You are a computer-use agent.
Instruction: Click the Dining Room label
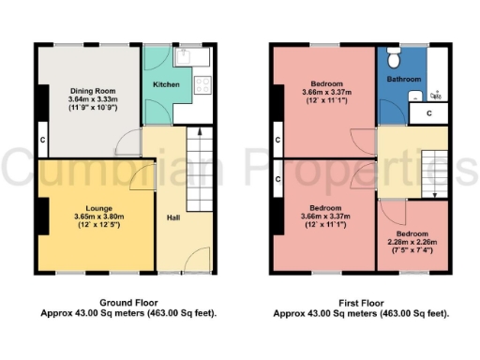pyautogui.click(x=91, y=91)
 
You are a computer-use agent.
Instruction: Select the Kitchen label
pyautogui.click(x=166, y=84)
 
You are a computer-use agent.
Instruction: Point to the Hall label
pyautogui.click(x=172, y=217)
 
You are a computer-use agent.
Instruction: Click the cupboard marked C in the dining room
pyautogui.click(x=42, y=141)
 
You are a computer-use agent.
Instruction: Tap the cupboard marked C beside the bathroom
pyautogui.click(x=428, y=112)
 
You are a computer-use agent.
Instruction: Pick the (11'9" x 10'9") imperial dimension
pyautogui.click(x=91, y=110)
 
